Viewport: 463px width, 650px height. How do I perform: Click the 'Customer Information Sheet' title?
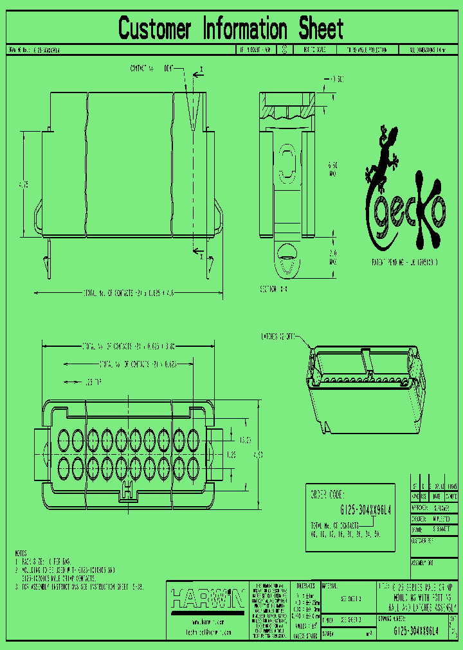231,29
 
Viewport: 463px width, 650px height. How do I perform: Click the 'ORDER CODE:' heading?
328,496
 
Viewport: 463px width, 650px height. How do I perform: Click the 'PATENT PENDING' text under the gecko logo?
405,263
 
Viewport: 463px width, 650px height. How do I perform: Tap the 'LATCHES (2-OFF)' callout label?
277,336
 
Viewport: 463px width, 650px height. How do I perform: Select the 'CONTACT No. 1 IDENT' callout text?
152,67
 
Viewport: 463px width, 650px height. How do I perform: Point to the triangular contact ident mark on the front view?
192,112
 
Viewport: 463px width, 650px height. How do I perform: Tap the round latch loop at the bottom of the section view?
287,263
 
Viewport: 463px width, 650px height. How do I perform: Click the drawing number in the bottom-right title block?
415,631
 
